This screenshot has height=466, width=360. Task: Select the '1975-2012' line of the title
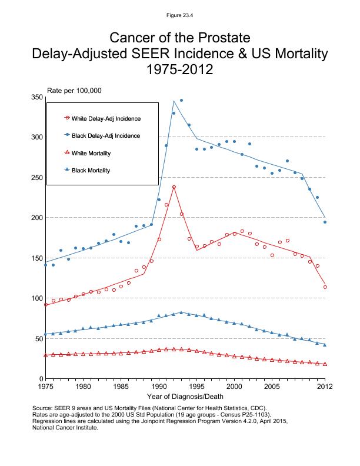tap(180, 70)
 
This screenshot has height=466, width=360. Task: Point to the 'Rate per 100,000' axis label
tap(75, 91)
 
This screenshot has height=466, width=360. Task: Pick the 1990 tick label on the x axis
tap(159, 387)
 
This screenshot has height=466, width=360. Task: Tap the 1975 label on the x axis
tap(45, 387)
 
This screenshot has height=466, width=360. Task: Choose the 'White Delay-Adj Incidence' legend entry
tap(110, 118)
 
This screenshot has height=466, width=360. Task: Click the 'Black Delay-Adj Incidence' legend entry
tap(110, 136)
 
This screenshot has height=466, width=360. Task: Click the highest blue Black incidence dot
tap(181, 101)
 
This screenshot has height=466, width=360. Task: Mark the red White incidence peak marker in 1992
tap(174, 187)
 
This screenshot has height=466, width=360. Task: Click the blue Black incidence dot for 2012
tap(325, 222)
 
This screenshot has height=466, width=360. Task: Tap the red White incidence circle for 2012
tap(325, 287)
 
